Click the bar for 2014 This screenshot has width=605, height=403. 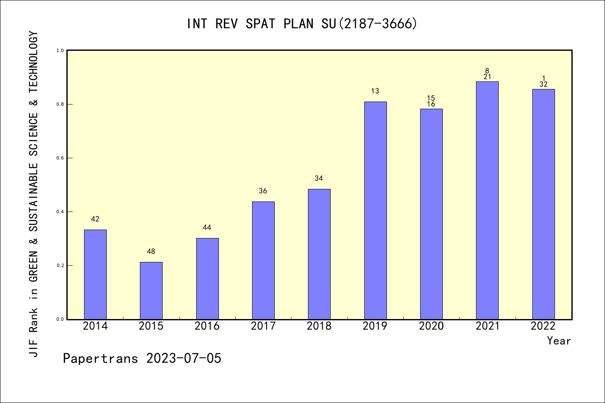point(95,275)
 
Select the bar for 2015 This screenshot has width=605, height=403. point(151,290)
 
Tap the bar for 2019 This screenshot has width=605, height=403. point(375,210)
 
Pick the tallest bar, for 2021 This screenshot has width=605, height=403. point(487,200)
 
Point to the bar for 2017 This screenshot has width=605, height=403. point(263,260)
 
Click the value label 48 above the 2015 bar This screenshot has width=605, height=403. point(151,251)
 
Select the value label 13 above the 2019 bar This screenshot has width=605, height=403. point(375,91)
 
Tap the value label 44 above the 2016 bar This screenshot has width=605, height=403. point(207,228)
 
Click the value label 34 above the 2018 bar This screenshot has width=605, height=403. point(319,178)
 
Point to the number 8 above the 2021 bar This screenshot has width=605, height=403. point(487,71)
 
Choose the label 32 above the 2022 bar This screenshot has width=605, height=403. point(543,84)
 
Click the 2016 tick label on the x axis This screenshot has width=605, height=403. point(207,326)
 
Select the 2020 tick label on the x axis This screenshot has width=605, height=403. point(431,326)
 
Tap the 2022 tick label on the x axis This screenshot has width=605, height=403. point(543,326)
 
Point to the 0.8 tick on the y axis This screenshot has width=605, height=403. point(60,104)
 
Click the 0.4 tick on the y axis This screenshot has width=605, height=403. point(60,212)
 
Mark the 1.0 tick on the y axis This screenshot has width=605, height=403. point(60,50)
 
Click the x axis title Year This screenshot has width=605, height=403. point(559,341)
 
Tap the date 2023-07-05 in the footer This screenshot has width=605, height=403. point(184,359)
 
